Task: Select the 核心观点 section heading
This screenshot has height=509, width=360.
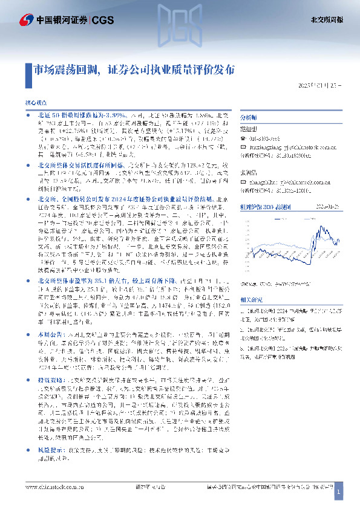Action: point(37,105)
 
